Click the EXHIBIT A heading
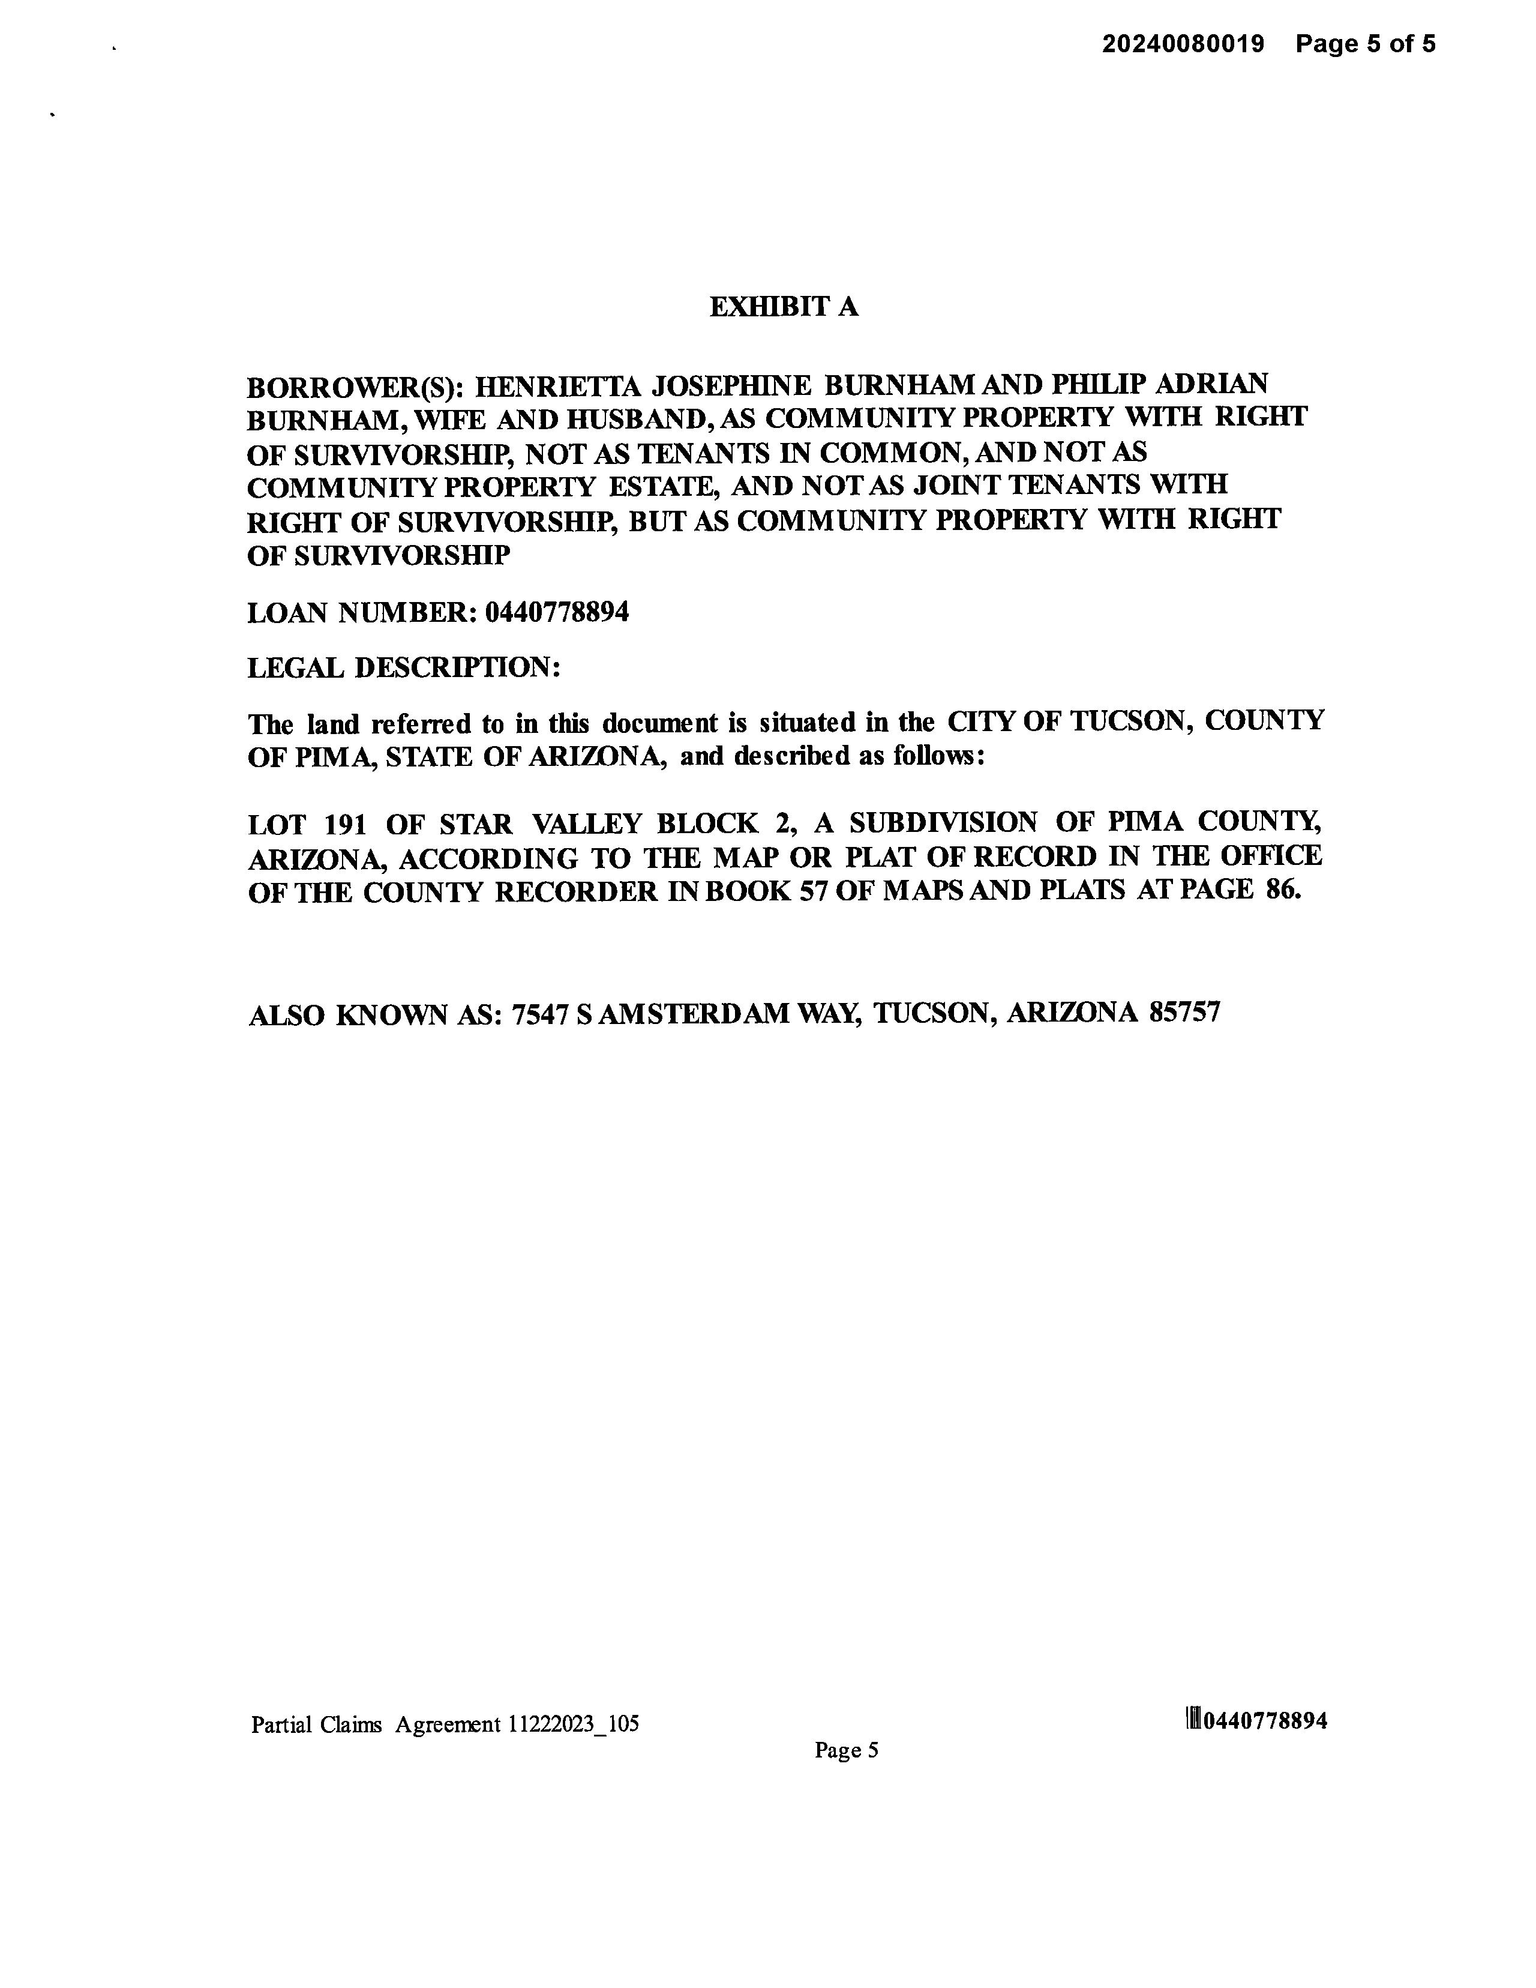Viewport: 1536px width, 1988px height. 784,307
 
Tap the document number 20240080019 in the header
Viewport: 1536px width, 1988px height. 1183,44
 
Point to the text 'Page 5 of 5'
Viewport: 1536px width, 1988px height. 1365,44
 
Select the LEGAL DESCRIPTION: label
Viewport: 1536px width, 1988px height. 403,668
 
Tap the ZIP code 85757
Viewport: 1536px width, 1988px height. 1184,1012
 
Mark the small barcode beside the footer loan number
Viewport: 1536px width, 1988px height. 1193,1720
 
